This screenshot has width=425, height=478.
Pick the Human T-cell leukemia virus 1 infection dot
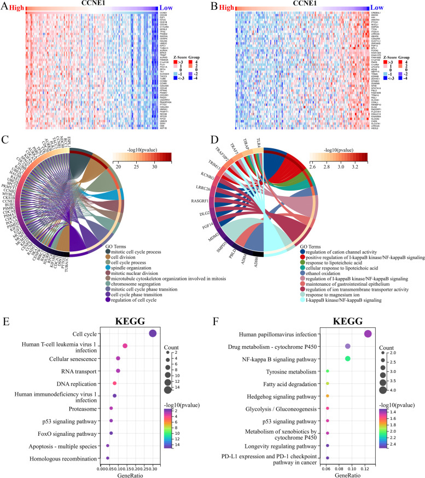coord(125,346)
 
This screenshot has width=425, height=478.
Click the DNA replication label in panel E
coord(82,383)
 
